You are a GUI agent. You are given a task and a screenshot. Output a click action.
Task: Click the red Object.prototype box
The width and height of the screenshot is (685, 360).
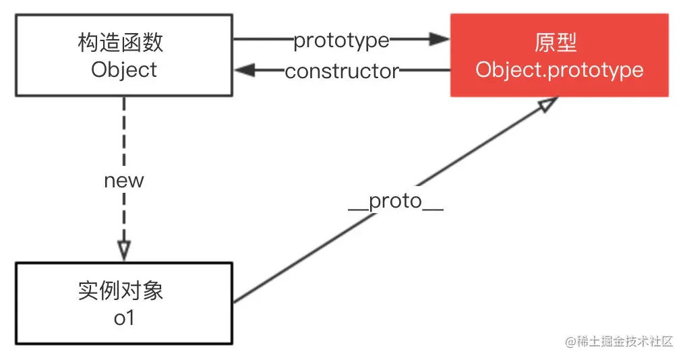point(559,55)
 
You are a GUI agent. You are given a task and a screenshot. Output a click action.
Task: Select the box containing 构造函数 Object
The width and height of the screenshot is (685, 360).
point(124,55)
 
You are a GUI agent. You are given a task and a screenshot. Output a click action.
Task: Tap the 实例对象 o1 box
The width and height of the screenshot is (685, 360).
point(124,303)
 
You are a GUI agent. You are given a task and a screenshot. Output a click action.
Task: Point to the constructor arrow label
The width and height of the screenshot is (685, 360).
point(342,71)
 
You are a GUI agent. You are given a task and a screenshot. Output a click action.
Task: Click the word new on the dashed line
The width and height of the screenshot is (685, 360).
point(124,181)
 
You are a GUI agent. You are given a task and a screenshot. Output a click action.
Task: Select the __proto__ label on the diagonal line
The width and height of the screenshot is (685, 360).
point(396,202)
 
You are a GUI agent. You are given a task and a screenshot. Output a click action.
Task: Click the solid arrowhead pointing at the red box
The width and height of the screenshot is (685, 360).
point(439,39)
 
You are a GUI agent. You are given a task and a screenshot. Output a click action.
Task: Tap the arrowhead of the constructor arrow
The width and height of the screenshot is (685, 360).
point(245,70)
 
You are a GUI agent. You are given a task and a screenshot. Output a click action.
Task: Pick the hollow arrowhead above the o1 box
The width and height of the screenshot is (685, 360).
point(124,251)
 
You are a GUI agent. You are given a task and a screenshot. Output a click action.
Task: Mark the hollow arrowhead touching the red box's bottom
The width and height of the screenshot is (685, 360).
point(548,104)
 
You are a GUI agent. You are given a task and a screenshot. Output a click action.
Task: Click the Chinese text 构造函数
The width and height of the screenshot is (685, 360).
point(121,42)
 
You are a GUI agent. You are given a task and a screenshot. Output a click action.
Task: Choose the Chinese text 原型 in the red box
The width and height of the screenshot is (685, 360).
point(556,42)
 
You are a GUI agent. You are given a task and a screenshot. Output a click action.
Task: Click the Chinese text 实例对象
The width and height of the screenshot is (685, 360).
point(121,291)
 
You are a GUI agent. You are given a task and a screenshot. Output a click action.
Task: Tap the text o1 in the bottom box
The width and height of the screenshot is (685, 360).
point(124,318)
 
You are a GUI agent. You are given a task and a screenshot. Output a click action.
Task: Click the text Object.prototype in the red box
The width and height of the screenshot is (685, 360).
point(560,70)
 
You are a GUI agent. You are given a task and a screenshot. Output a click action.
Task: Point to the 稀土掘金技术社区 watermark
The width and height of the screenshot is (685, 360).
point(619,341)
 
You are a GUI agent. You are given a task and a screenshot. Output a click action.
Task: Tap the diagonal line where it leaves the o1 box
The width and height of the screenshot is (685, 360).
point(236,301)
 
